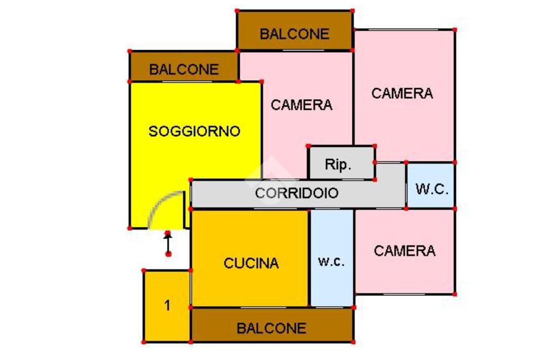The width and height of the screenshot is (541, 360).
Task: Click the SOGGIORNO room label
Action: point(194,131)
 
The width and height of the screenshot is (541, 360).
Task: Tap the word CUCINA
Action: point(251,263)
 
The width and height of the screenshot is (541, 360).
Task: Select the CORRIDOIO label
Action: point(296,193)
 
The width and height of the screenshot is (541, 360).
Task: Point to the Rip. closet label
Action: point(338,165)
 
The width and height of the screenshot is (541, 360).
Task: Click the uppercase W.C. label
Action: point(432,189)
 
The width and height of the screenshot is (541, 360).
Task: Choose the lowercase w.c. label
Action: point(331,261)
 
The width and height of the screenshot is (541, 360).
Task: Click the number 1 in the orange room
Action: point(167,305)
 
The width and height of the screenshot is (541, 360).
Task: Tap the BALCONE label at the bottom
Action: point(271,328)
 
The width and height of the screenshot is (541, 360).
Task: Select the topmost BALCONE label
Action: point(294,34)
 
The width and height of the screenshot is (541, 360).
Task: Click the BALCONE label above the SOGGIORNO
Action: point(183,69)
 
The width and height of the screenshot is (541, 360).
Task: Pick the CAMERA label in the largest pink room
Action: point(402,93)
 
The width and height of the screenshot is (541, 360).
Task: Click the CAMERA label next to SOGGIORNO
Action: point(302,105)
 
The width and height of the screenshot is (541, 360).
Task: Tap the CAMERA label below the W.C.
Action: point(405,251)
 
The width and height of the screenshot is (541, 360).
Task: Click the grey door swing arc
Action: point(158,203)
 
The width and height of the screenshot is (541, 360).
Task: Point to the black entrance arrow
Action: point(168,243)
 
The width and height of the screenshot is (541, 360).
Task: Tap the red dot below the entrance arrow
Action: point(169,254)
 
